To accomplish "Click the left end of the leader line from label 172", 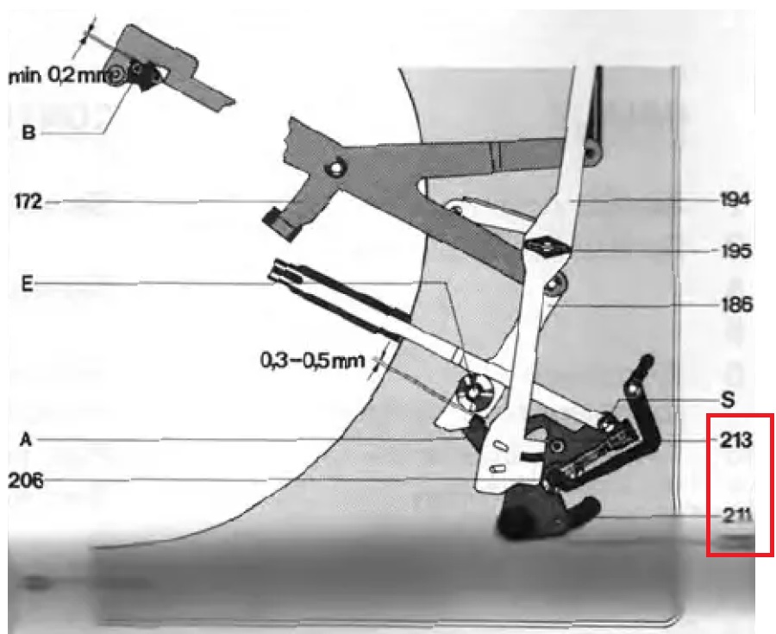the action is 46,202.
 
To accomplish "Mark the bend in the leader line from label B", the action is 104,133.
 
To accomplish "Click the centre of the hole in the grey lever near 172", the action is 336,169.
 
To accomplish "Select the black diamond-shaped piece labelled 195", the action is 546,246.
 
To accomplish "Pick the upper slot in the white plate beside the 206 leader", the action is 501,447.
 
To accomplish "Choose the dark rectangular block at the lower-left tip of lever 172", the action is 280,225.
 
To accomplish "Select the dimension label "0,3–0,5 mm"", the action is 312,361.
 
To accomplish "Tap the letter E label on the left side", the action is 28,285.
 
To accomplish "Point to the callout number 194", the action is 735,200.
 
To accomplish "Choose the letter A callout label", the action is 26,440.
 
